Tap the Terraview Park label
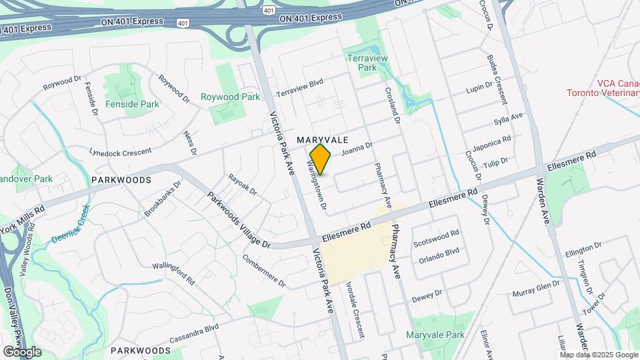pos(367,63)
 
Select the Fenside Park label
pos(132,104)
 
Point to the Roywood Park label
pos(230,97)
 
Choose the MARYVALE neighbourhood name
pos(323,140)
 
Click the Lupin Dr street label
pos(479,88)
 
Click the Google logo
pos(22,351)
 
